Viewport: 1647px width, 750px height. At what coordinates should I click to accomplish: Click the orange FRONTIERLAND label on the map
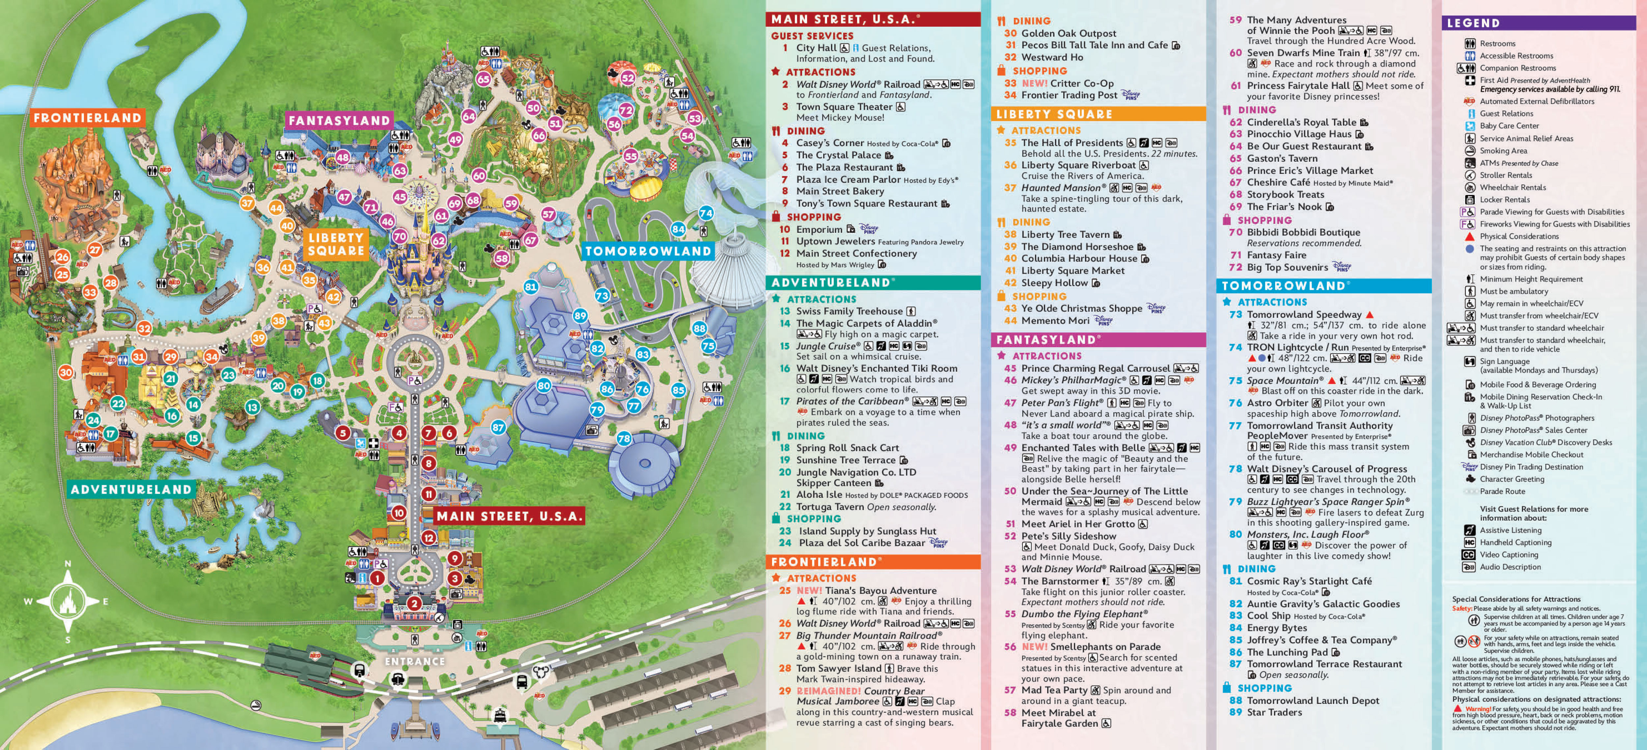87,118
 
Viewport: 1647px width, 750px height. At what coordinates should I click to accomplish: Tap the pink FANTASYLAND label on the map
339,120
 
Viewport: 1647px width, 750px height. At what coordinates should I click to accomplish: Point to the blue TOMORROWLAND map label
648,251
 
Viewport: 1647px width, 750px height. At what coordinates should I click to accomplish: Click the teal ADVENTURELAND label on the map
131,489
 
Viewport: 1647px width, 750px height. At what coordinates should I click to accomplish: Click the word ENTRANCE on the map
414,661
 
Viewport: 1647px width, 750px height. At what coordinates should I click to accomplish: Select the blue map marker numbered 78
624,438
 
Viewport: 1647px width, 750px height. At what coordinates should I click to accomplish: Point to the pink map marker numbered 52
628,78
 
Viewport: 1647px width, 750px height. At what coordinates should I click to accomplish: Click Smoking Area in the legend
1503,151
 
